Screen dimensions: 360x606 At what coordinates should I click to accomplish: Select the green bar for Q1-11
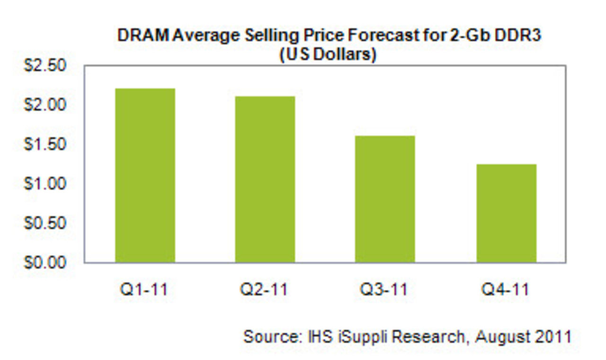(x=145, y=175)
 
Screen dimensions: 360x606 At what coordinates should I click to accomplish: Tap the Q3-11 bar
(x=385, y=199)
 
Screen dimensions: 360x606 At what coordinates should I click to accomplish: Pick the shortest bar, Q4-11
(x=506, y=213)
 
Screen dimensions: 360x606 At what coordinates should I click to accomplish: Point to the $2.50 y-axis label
(x=45, y=65)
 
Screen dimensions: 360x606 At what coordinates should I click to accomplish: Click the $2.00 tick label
(x=45, y=105)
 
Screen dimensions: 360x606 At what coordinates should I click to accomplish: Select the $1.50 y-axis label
(x=45, y=144)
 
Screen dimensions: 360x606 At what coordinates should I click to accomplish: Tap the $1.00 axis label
(x=45, y=183)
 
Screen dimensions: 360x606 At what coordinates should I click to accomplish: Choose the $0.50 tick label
(x=45, y=223)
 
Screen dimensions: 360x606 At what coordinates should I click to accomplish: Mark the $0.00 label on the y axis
(x=45, y=262)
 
